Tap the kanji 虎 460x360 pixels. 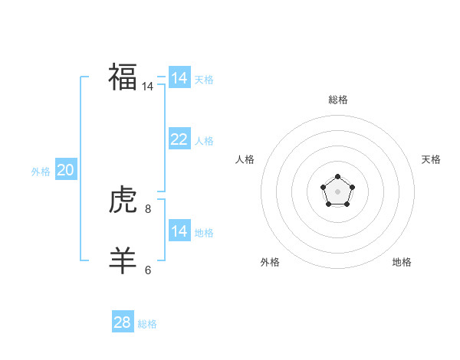pyautogui.click(x=123, y=201)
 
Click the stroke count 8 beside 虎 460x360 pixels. pyautogui.click(x=148, y=208)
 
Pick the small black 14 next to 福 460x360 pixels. pyautogui.click(x=148, y=87)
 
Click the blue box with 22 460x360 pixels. pyautogui.click(x=179, y=139)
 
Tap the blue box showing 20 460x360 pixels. pyautogui.click(x=65, y=170)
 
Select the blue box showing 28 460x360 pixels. pyautogui.click(x=122, y=322)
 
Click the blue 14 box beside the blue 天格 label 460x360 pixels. pyautogui.click(x=179, y=78)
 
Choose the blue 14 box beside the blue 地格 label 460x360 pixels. pyautogui.click(x=179, y=231)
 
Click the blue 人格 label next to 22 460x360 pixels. pyautogui.click(x=204, y=141)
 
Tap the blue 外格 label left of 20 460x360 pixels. pyautogui.click(x=41, y=172)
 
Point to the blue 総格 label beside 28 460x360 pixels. pyautogui.click(x=147, y=325)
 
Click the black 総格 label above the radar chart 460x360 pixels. pyautogui.click(x=338, y=100)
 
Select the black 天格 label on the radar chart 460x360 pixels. pyautogui.click(x=432, y=159)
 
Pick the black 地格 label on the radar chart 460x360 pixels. pyautogui.click(x=402, y=262)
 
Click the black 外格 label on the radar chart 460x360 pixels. pyautogui.click(x=270, y=262)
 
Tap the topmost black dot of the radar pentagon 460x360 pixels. pyautogui.click(x=337, y=177)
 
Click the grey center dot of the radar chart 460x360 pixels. pyautogui.click(x=337, y=191)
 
